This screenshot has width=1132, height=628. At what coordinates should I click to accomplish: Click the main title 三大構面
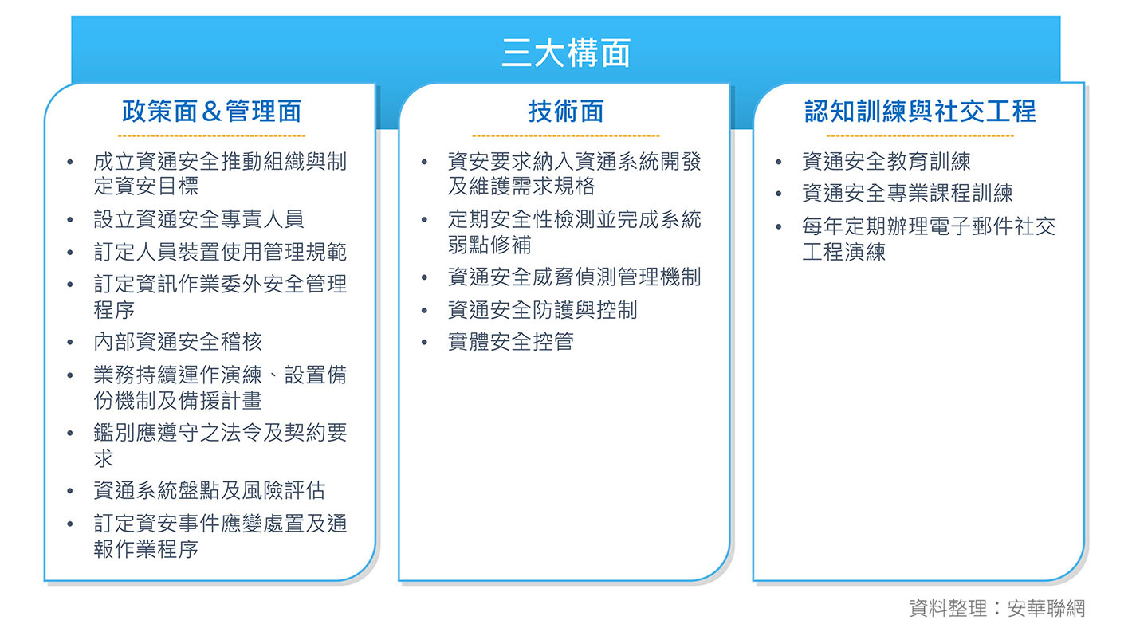pyautogui.click(x=565, y=53)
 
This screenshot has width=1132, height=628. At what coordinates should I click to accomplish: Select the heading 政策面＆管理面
pyautogui.click(x=211, y=111)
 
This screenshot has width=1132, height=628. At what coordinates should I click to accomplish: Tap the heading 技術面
pyautogui.click(x=565, y=111)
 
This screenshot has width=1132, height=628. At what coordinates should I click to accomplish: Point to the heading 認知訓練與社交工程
pyautogui.click(x=920, y=111)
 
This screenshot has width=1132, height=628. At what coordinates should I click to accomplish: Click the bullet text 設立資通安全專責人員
pyautogui.click(x=198, y=219)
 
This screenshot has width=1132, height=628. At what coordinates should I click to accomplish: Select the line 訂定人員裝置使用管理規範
pyautogui.click(x=220, y=252)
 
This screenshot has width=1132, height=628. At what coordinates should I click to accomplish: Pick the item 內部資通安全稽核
pyautogui.click(x=178, y=342)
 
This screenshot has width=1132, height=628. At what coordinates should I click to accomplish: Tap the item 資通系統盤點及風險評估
pyautogui.click(x=209, y=490)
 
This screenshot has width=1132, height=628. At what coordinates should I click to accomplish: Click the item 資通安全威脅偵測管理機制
pyautogui.click(x=574, y=277)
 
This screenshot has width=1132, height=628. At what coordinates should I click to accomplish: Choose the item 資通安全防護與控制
pyautogui.click(x=542, y=309)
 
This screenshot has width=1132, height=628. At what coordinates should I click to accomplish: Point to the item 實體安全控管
pyautogui.click(x=510, y=342)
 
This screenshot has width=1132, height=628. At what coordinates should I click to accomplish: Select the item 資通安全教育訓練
pyautogui.click(x=886, y=162)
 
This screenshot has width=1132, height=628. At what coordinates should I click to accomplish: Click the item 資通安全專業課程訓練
pyautogui.click(x=907, y=193)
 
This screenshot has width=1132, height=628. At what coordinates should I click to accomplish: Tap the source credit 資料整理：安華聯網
pyautogui.click(x=996, y=608)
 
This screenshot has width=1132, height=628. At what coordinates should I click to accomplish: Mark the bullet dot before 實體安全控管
pyautogui.click(x=425, y=343)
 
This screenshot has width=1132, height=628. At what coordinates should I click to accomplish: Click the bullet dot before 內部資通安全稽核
pyautogui.click(x=71, y=343)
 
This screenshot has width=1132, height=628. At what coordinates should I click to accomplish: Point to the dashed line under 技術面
pyautogui.click(x=565, y=137)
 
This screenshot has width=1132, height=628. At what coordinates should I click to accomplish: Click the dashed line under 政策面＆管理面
pyautogui.click(x=211, y=137)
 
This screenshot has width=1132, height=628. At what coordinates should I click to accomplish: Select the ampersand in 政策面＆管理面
pyautogui.click(x=211, y=112)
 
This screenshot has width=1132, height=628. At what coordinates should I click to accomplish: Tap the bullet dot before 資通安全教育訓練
pyautogui.click(x=779, y=163)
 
